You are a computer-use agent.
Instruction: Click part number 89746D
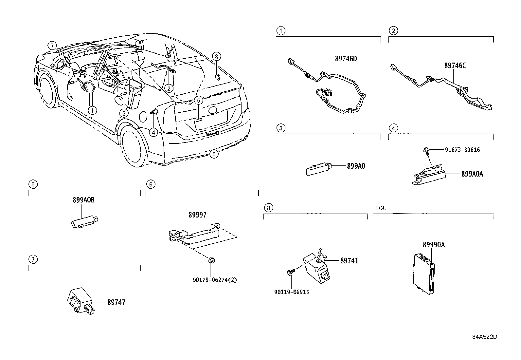346,59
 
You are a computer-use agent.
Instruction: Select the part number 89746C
455,66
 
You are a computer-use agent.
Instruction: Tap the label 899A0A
472,174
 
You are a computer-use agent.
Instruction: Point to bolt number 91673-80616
462,150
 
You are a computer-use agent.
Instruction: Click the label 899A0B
83,200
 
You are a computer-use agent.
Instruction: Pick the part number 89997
197,215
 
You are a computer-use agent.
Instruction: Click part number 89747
116,302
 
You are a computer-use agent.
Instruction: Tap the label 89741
349,261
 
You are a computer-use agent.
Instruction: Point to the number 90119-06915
292,292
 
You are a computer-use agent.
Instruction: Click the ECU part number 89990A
434,245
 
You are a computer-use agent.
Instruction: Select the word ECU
381,208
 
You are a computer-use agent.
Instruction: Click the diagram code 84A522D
484,337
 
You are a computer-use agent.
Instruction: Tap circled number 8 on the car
216,56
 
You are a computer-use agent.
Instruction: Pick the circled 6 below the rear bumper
213,154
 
